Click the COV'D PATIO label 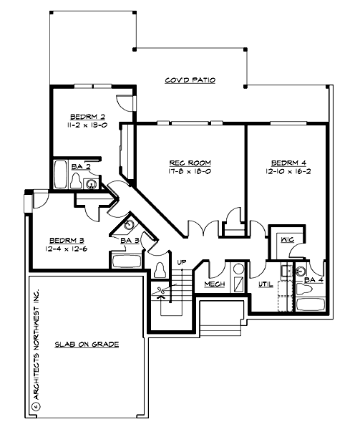pos(190,80)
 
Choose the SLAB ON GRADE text pos(87,344)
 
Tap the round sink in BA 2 pos(91,184)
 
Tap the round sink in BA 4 pos(301,272)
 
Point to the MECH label pos(214,284)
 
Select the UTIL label pos(265,284)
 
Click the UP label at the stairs pos(181,263)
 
